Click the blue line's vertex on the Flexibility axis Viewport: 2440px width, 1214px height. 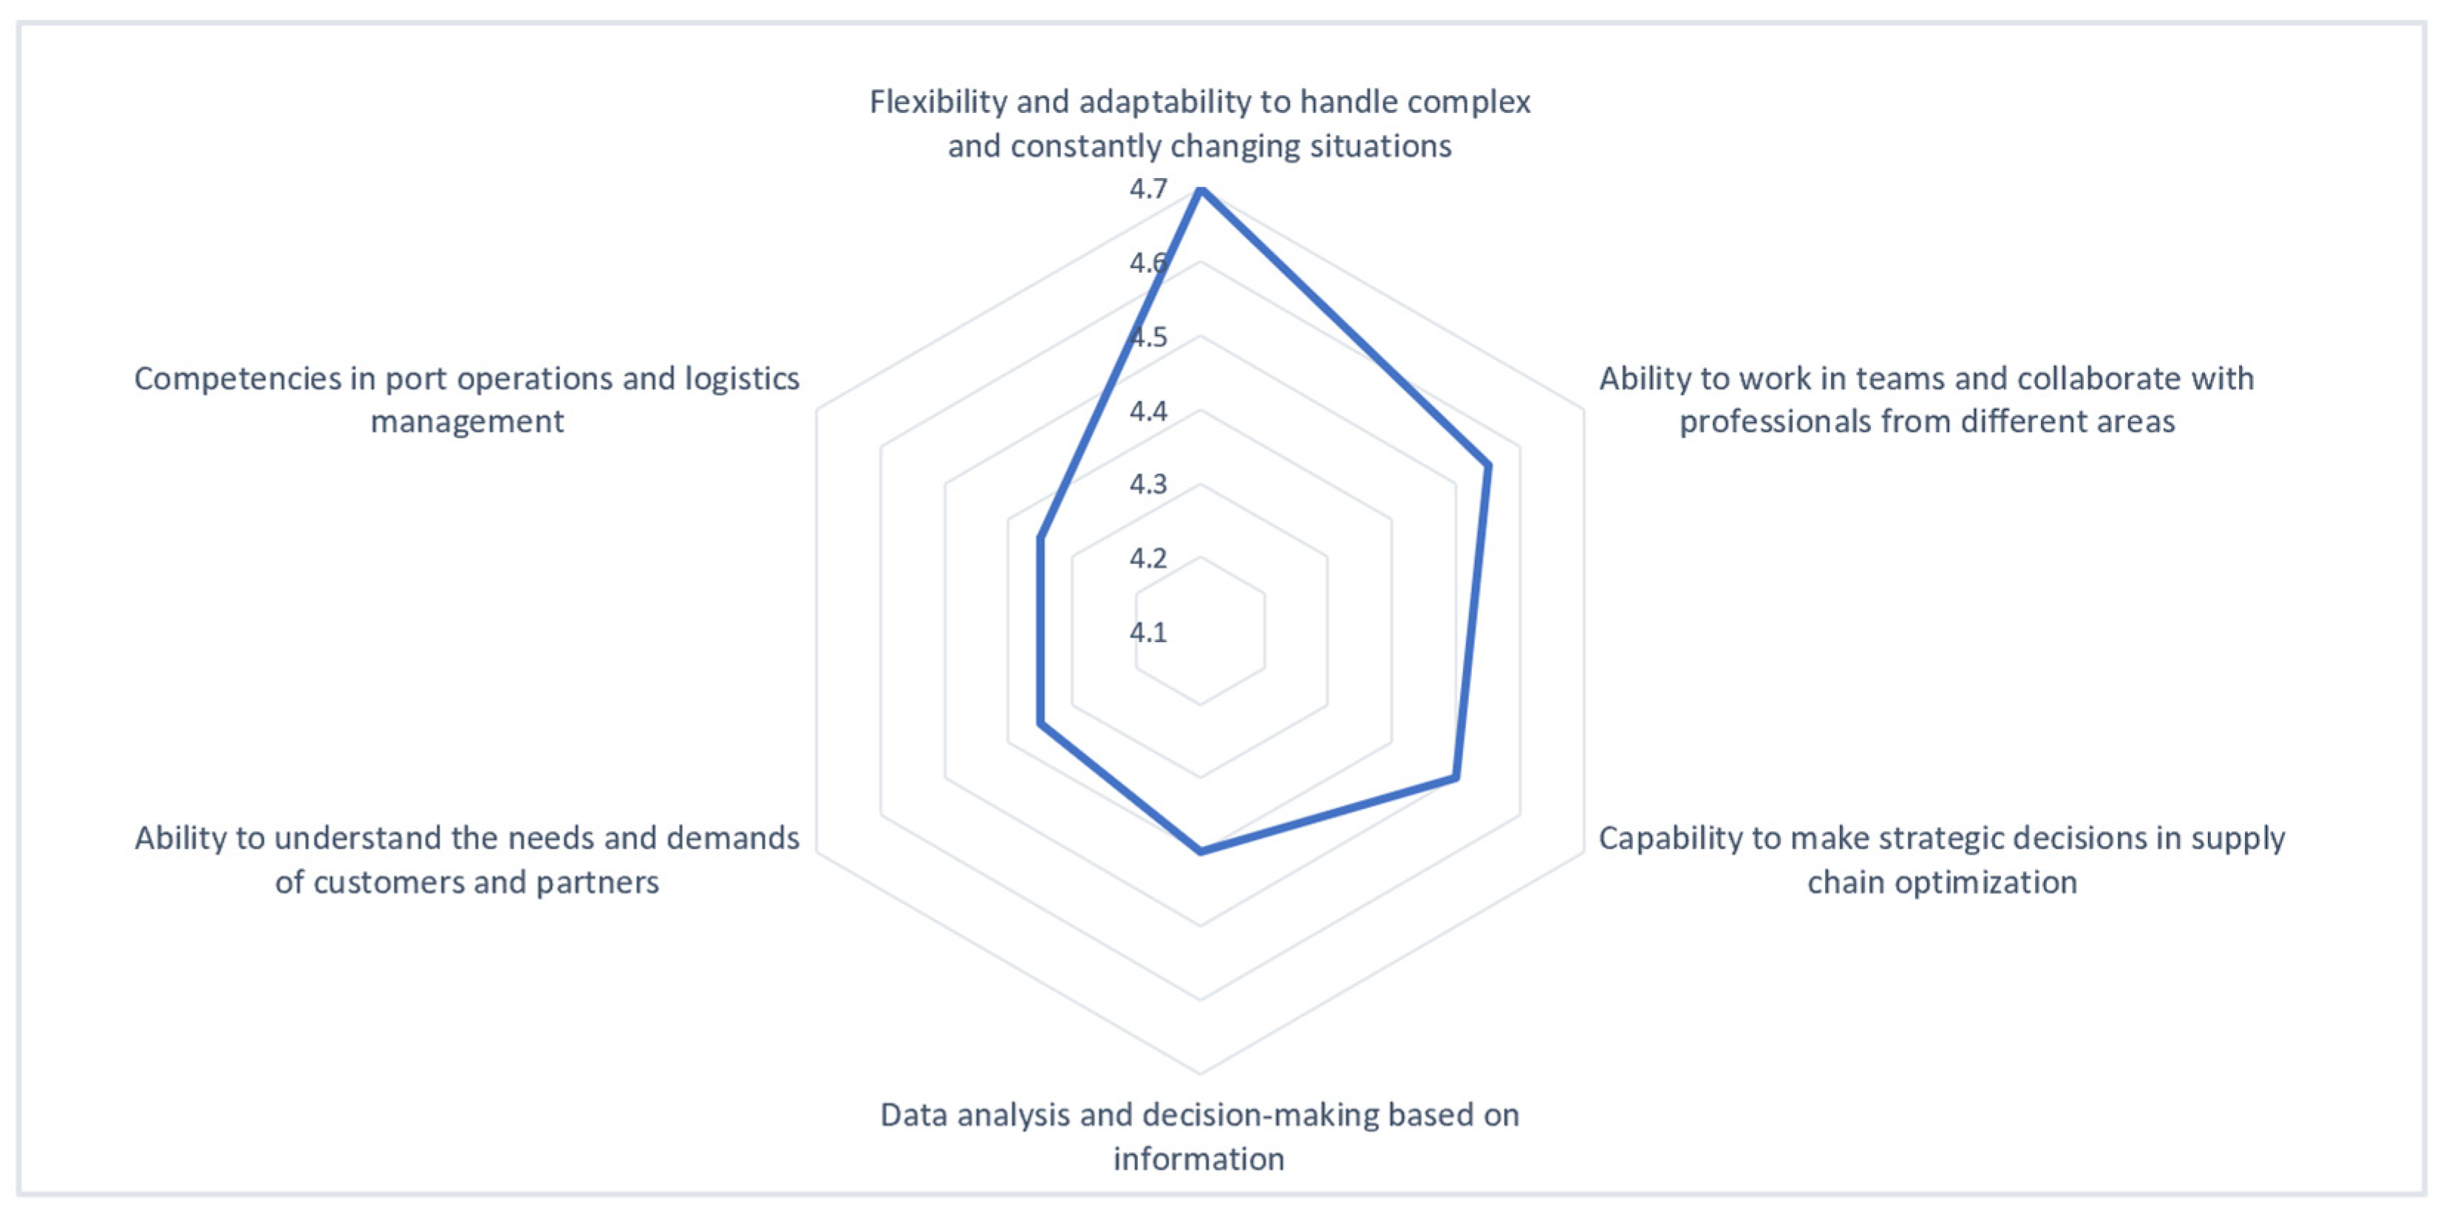click(1201, 191)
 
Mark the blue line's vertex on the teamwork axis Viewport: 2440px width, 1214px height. click(1488, 466)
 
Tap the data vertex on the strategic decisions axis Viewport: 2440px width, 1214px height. click(1456, 778)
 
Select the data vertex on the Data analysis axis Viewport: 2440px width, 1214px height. click(1201, 852)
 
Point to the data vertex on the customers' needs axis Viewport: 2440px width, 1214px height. click(1041, 724)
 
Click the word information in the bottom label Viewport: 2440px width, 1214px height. click(1199, 1159)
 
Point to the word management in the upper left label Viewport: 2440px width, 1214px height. click(467, 421)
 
